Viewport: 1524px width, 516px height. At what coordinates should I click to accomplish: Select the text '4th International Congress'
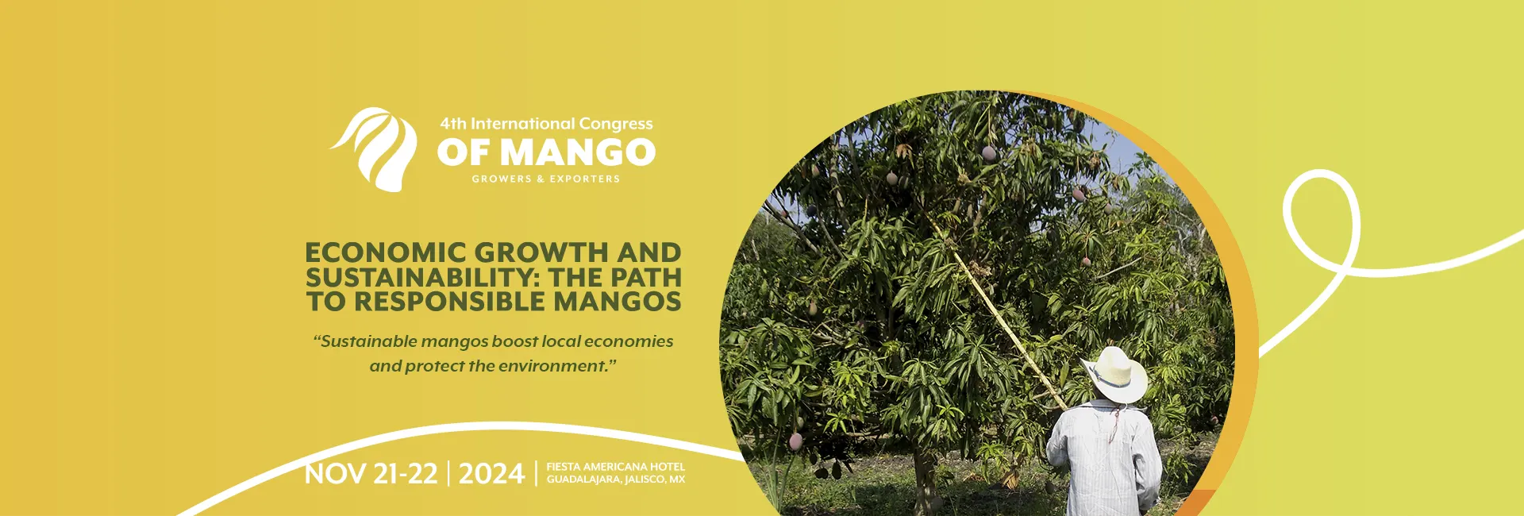tap(546, 124)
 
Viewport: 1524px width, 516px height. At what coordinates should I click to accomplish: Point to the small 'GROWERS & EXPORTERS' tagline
tap(546, 179)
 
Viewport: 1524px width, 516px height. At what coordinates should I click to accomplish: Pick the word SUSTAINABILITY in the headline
tap(413, 277)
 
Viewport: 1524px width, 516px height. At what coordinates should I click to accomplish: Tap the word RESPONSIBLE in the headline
tap(449, 302)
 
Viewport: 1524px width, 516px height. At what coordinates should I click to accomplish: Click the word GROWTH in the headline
tap(541, 252)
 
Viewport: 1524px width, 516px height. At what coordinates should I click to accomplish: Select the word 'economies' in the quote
tap(629, 341)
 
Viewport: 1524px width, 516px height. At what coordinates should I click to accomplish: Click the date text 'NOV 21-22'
tap(371, 474)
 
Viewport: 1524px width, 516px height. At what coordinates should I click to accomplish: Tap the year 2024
tap(491, 474)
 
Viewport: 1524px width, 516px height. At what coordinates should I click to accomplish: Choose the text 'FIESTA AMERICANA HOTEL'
tap(615, 467)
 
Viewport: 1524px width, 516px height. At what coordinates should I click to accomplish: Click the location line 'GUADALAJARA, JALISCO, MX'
tap(615, 479)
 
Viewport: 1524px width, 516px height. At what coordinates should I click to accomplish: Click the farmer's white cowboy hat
tap(1114, 375)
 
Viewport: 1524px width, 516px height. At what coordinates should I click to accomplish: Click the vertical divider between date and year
tap(448, 473)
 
